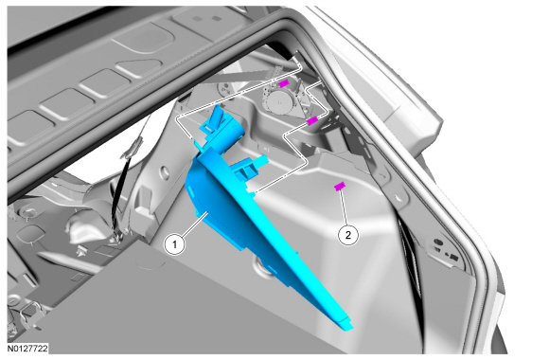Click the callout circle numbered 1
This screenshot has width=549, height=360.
(175, 244)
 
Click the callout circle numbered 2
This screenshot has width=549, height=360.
(348, 235)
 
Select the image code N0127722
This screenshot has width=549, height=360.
(27, 349)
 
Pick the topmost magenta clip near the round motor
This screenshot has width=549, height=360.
(284, 83)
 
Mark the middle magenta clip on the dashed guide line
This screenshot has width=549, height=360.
(311, 120)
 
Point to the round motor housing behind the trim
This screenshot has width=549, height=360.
(279, 101)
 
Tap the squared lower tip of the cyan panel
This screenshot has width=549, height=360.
(345, 322)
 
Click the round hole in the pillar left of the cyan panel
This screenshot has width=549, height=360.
(164, 172)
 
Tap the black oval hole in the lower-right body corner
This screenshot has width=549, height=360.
(438, 242)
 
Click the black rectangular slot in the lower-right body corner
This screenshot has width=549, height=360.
(453, 257)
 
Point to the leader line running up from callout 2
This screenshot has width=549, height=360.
(343, 207)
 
